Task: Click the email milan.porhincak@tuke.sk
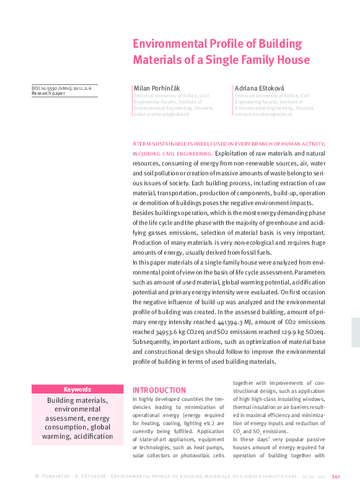162,114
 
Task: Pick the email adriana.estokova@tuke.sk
263,114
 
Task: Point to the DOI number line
61,89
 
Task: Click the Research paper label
49,94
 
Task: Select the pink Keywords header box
77,390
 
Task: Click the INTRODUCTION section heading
159,390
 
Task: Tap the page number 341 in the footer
336,477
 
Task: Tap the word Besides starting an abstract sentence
146,213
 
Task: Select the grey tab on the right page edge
355,333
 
